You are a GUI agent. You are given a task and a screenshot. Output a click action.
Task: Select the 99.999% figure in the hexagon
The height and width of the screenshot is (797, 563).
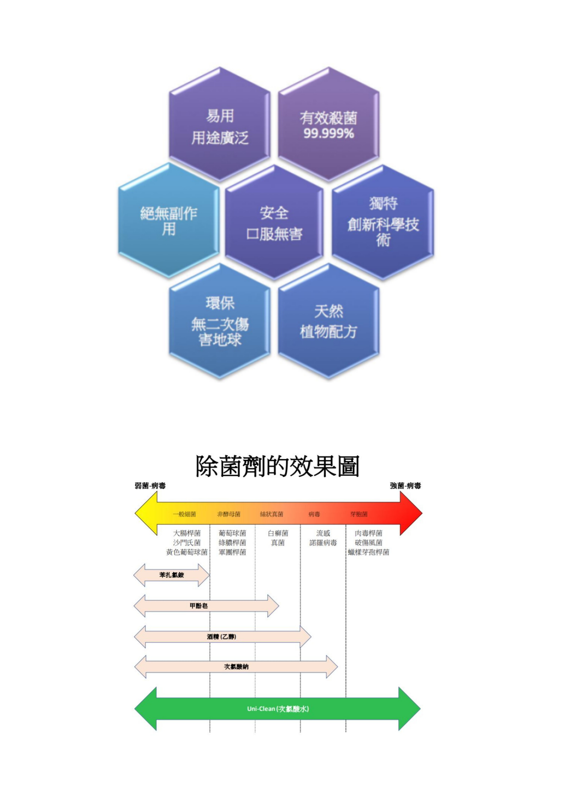(329, 134)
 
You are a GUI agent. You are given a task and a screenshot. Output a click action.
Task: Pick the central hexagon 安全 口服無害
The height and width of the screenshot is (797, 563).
(274, 223)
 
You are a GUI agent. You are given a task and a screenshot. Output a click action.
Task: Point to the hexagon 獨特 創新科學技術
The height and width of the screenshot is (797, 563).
(383, 223)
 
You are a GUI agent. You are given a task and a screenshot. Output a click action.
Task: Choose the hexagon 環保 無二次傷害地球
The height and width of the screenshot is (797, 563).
(220, 322)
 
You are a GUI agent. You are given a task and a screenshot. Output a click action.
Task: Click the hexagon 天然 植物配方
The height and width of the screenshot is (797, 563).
(329, 322)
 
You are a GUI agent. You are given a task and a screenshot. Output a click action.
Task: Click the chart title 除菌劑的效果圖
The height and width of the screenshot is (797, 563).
(278, 466)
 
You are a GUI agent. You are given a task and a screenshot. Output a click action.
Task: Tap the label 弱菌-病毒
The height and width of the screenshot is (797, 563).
(150, 486)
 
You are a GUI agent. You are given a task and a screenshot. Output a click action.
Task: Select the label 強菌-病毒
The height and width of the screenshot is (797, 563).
(405, 486)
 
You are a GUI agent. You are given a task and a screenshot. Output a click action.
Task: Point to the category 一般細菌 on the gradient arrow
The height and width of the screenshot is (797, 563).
(184, 514)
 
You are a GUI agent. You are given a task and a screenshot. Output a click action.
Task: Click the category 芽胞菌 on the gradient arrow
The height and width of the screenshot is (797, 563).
(359, 514)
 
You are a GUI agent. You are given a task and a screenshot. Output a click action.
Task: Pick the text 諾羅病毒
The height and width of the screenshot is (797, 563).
(323, 543)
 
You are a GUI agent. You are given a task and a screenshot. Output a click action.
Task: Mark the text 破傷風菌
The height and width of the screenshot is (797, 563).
(369, 543)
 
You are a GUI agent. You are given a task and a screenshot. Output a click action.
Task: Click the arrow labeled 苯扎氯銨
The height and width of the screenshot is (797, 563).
(172, 575)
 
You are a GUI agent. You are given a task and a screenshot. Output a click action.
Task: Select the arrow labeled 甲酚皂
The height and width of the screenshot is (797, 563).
(199, 606)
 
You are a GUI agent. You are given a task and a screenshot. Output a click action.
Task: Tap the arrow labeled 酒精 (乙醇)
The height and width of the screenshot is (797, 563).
(222, 637)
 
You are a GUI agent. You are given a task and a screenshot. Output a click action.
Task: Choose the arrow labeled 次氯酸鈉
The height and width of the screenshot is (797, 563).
(236, 667)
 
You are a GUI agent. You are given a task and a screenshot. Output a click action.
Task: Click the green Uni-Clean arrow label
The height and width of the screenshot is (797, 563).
(278, 709)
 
